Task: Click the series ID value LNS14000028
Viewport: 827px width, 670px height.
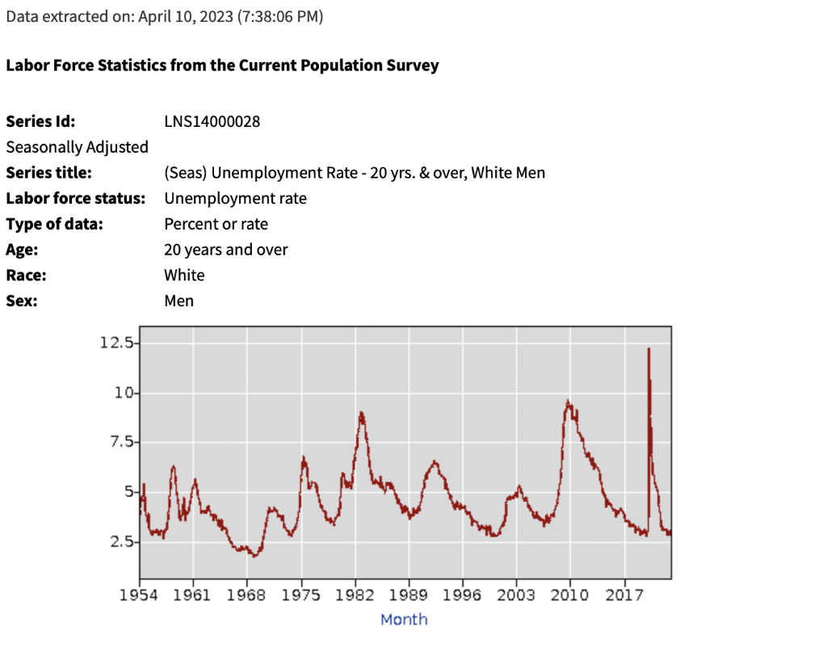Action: (212, 122)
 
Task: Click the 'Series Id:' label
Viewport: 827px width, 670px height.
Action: (40, 122)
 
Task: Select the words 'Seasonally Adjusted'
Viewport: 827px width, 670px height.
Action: (77, 147)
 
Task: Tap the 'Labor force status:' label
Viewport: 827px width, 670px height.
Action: (75, 198)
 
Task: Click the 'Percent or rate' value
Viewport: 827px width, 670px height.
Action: (216, 224)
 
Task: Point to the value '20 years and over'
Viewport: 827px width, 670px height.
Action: (225, 250)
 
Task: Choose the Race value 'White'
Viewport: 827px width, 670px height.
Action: (184, 275)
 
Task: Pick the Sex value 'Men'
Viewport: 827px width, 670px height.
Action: (178, 301)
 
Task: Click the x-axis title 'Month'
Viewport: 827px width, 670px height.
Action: (404, 619)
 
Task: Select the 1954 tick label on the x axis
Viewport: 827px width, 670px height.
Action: (140, 596)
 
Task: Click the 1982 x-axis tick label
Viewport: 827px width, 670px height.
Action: (355, 596)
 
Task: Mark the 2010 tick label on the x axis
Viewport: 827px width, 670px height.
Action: (570, 596)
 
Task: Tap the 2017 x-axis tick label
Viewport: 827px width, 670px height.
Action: (624, 596)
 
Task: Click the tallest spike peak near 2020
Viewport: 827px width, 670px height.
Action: (648, 349)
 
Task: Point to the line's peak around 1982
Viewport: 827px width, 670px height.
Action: (361, 413)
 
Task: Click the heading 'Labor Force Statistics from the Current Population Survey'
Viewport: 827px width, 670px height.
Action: (222, 65)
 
